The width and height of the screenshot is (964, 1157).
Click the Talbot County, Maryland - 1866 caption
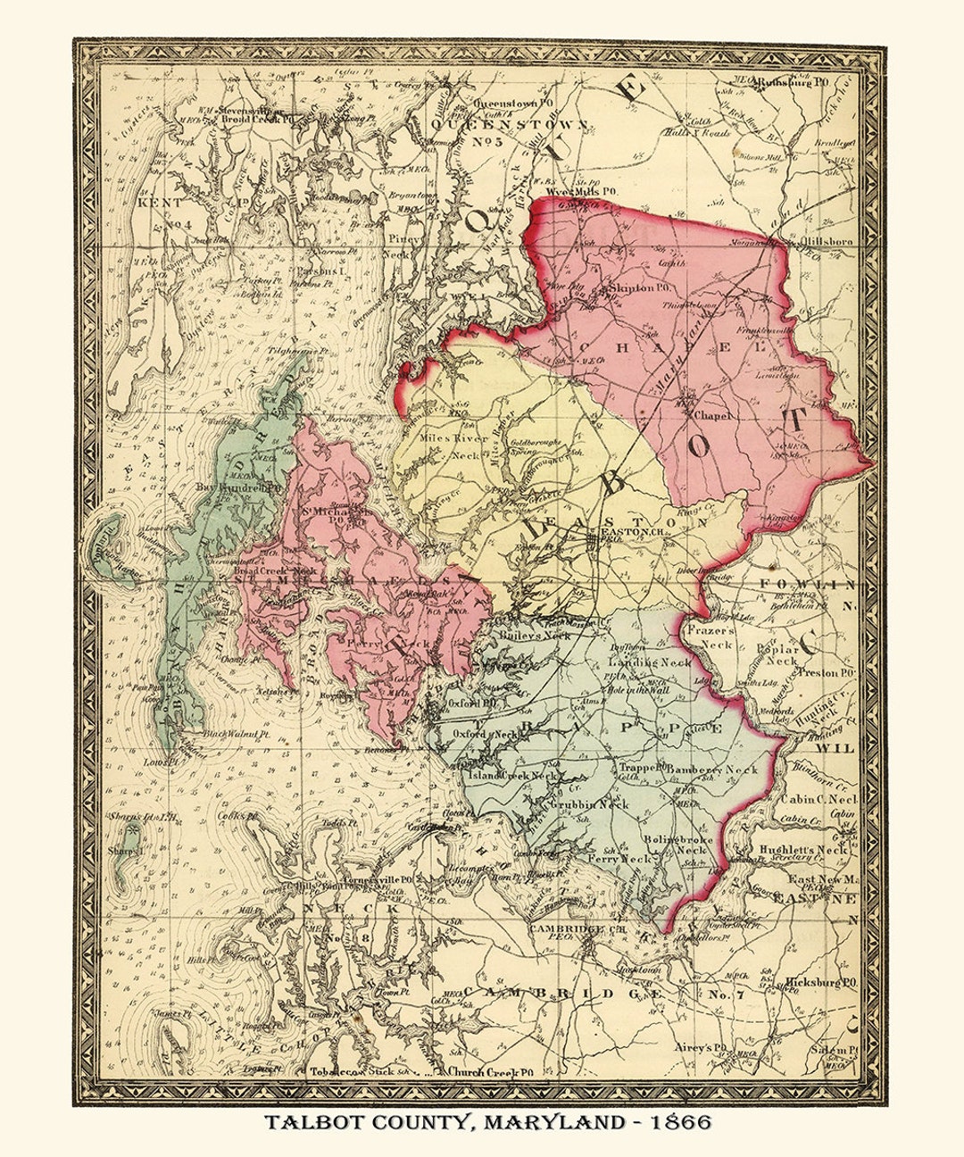[486, 1121]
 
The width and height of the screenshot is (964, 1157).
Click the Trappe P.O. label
[643, 767]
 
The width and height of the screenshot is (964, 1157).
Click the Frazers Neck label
[711, 636]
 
